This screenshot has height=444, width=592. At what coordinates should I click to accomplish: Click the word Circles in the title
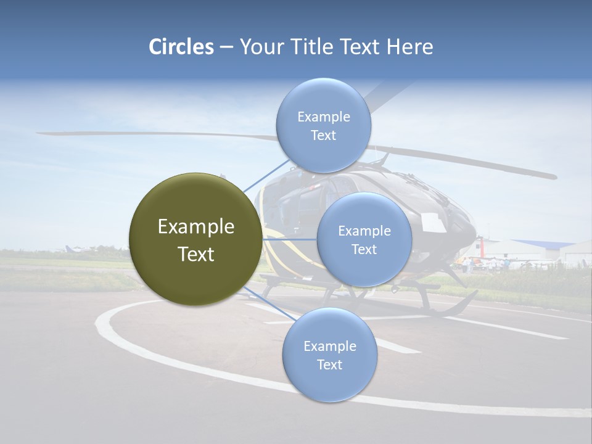click(181, 47)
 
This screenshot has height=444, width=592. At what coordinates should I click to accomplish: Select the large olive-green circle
click(195, 239)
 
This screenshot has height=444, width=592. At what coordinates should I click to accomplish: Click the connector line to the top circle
click(265, 176)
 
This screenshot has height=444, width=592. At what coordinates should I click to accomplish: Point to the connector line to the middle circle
click(290, 239)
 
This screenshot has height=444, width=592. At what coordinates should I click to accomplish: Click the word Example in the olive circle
click(195, 227)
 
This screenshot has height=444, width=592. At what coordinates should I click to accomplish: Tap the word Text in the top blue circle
click(323, 136)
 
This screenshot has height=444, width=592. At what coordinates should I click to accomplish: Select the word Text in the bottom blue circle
click(329, 364)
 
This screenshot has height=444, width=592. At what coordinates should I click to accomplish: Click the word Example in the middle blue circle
click(364, 231)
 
